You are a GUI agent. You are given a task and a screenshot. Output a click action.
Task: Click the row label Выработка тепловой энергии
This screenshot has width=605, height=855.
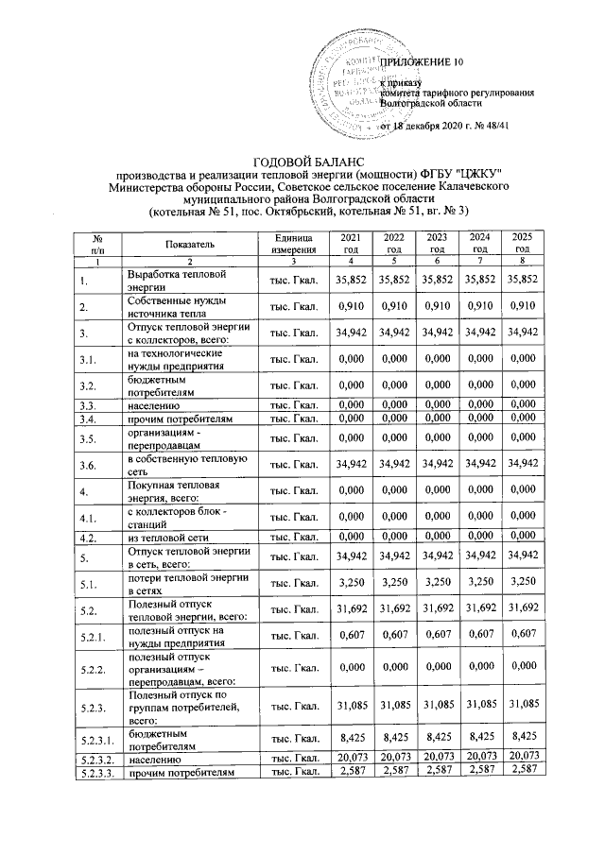click(x=166, y=280)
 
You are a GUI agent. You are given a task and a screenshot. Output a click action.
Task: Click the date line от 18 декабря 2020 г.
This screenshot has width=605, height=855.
click(x=444, y=126)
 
